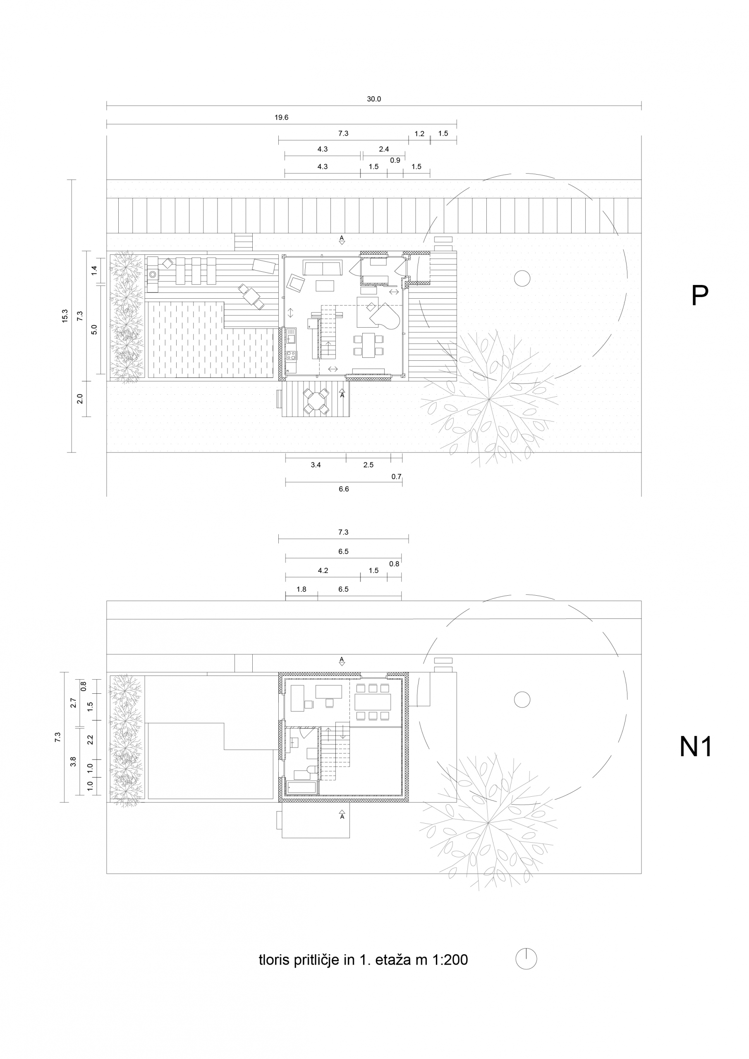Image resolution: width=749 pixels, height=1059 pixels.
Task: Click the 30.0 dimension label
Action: pyautogui.click(x=373, y=99)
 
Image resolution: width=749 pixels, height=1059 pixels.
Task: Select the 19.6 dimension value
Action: pyautogui.click(x=281, y=117)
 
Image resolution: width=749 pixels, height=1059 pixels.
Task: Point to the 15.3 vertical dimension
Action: pyautogui.click(x=65, y=316)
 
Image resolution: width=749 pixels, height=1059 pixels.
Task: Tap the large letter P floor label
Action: pyautogui.click(x=700, y=295)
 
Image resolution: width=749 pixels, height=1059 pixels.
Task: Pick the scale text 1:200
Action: pyautogui.click(x=450, y=960)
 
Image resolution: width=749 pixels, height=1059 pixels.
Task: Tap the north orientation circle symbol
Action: pyautogui.click(x=526, y=959)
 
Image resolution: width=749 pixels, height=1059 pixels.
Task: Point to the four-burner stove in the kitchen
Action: pyautogui.click(x=292, y=356)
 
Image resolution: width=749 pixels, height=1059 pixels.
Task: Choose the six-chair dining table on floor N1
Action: pyautogui.click(x=373, y=702)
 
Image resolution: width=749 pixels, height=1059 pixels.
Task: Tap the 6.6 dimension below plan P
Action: pyautogui.click(x=344, y=489)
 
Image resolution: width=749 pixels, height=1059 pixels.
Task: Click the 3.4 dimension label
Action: pyautogui.click(x=316, y=465)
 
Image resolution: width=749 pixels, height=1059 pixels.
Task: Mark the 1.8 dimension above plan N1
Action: pyautogui.click(x=301, y=589)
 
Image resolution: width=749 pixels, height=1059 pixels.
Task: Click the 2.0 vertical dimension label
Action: pyautogui.click(x=80, y=398)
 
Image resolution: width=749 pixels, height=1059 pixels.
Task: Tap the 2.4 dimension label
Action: pyautogui.click(x=384, y=149)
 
